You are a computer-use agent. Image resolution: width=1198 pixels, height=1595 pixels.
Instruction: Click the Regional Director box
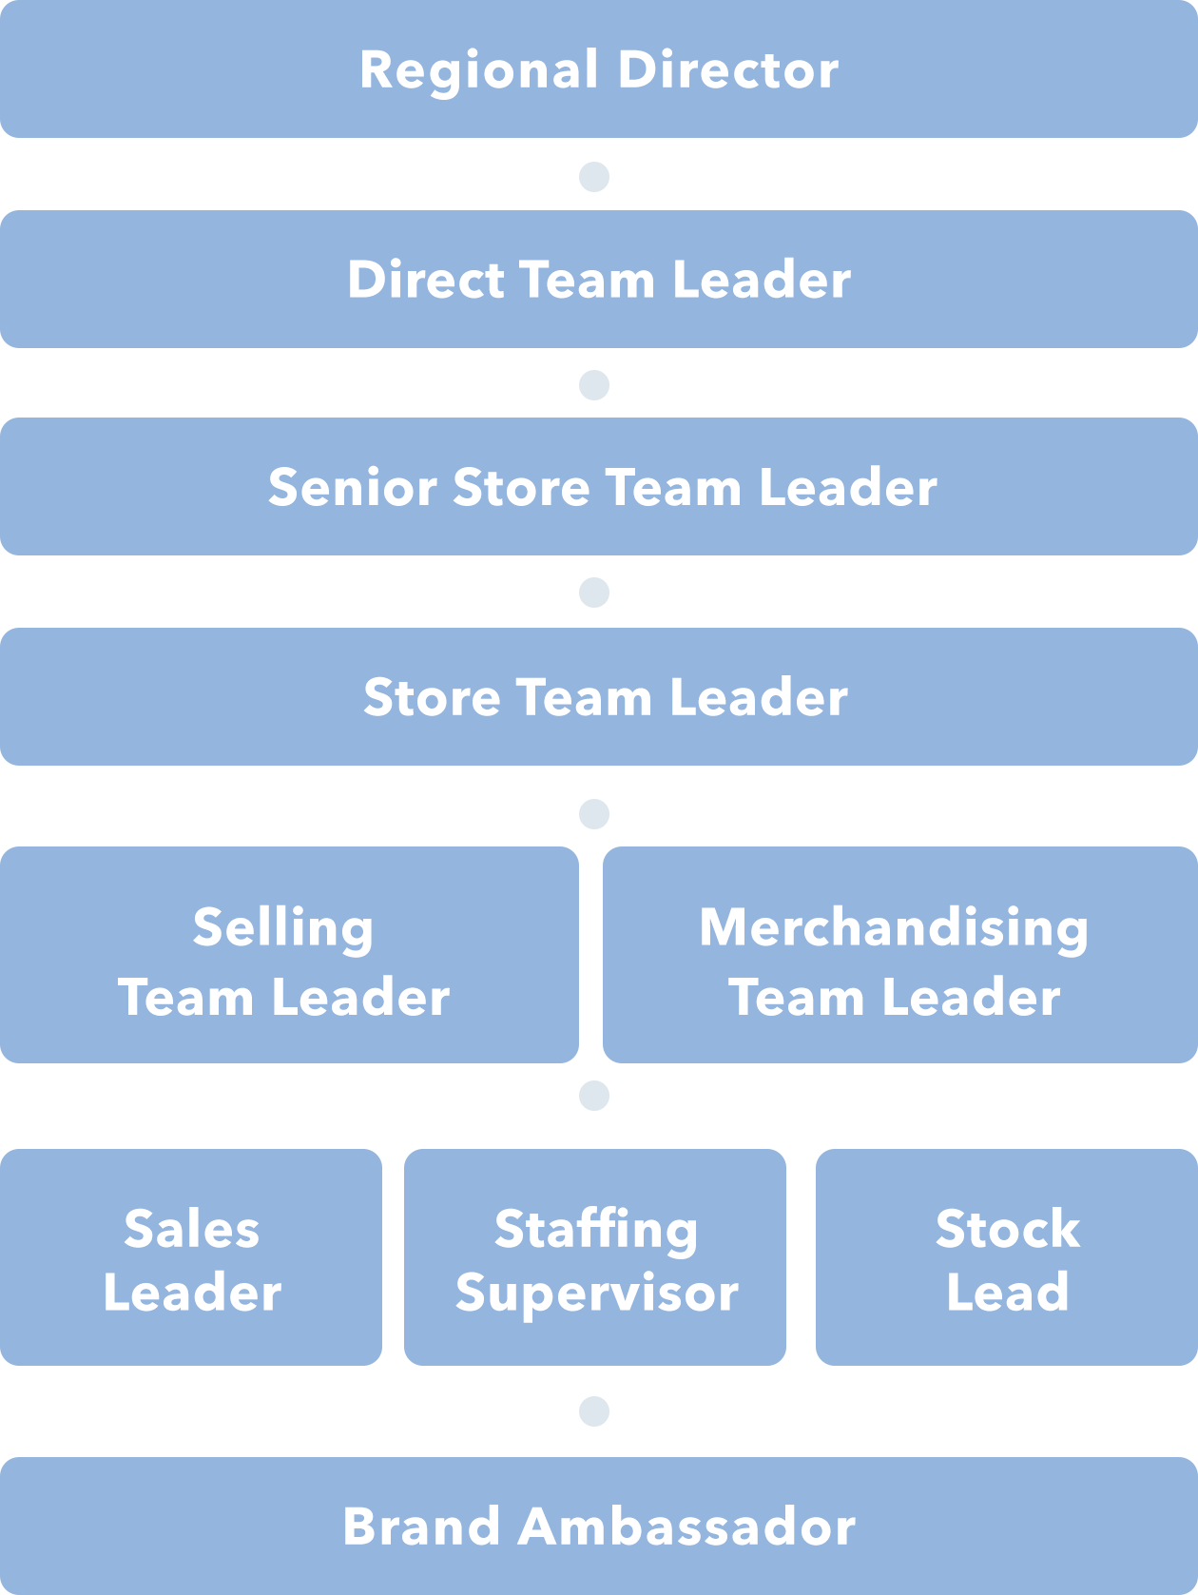[599, 69]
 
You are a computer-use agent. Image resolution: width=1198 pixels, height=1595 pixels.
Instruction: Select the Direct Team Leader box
[599, 280]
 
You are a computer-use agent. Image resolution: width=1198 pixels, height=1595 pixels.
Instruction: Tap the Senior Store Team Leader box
[599, 487]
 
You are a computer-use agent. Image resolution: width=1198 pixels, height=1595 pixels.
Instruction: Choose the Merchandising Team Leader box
[899, 955]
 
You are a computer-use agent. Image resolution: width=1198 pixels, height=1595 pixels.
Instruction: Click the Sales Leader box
[191, 1257]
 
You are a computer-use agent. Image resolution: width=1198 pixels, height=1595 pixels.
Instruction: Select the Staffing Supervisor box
[595, 1257]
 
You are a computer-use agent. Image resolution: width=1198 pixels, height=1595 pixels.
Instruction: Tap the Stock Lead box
[1007, 1257]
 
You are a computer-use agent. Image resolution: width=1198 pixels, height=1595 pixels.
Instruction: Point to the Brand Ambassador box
[599, 1526]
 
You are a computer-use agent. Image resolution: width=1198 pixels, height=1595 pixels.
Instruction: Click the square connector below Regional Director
[594, 177]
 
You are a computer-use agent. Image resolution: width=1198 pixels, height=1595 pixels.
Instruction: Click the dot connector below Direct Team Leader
[594, 385]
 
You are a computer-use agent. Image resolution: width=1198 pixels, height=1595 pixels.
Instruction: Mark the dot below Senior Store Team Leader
[594, 593]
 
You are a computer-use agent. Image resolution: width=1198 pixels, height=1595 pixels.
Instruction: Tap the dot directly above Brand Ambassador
[594, 1411]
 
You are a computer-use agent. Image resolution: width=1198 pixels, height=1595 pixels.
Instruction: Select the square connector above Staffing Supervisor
[594, 1096]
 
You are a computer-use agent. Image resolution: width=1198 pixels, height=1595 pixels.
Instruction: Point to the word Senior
[352, 488]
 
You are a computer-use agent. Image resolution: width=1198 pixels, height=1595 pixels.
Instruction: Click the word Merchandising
[894, 928]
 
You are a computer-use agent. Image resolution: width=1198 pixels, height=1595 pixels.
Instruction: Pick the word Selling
[283, 928]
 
